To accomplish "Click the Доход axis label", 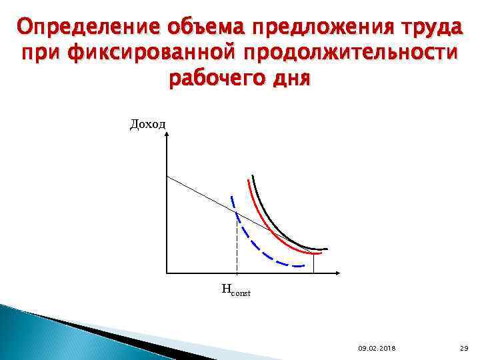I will point(148,124).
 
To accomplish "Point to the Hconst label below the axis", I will point(235,290).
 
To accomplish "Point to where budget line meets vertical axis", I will point(167,176).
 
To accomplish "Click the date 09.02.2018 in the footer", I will point(376,348).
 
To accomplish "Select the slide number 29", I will point(464,348).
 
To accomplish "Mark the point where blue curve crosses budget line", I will point(237,213).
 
